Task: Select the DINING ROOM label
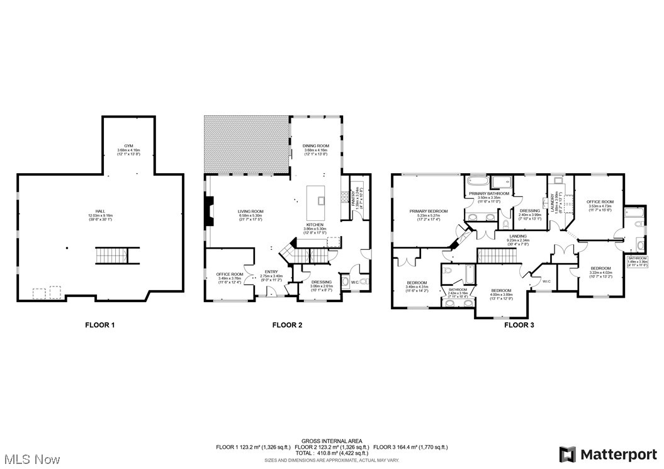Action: (x=317, y=147)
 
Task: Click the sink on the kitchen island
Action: (x=321, y=201)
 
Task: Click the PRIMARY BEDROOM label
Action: (x=428, y=211)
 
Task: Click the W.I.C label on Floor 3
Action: (x=546, y=281)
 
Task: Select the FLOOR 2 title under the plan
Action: (x=288, y=325)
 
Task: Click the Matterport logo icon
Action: (x=568, y=454)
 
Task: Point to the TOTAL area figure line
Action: (x=331, y=453)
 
